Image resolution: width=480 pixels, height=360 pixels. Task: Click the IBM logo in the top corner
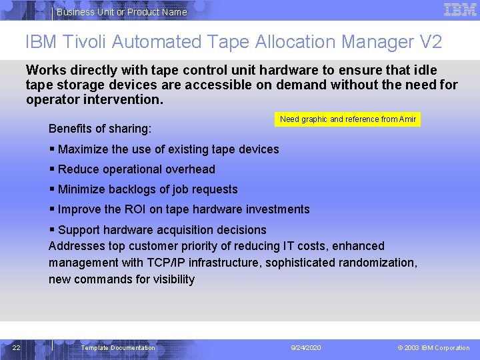point(460,10)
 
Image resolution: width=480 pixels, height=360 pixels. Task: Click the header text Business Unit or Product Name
point(122,12)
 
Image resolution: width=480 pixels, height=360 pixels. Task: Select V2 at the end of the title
point(431,42)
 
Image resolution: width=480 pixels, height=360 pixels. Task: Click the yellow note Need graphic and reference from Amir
point(348,119)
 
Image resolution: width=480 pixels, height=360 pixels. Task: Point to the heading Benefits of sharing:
point(100,127)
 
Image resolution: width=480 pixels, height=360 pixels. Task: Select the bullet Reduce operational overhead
point(136,169)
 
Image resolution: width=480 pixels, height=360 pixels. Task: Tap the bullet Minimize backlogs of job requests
point(147,189)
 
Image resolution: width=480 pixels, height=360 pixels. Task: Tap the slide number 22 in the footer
point(17,347)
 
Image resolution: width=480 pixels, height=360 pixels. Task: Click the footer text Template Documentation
point(118,348)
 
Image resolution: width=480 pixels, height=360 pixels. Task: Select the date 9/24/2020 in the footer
point(306,348)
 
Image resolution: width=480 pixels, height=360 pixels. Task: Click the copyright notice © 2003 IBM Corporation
point(433,348)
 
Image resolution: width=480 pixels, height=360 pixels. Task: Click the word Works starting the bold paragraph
point(44,70)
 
